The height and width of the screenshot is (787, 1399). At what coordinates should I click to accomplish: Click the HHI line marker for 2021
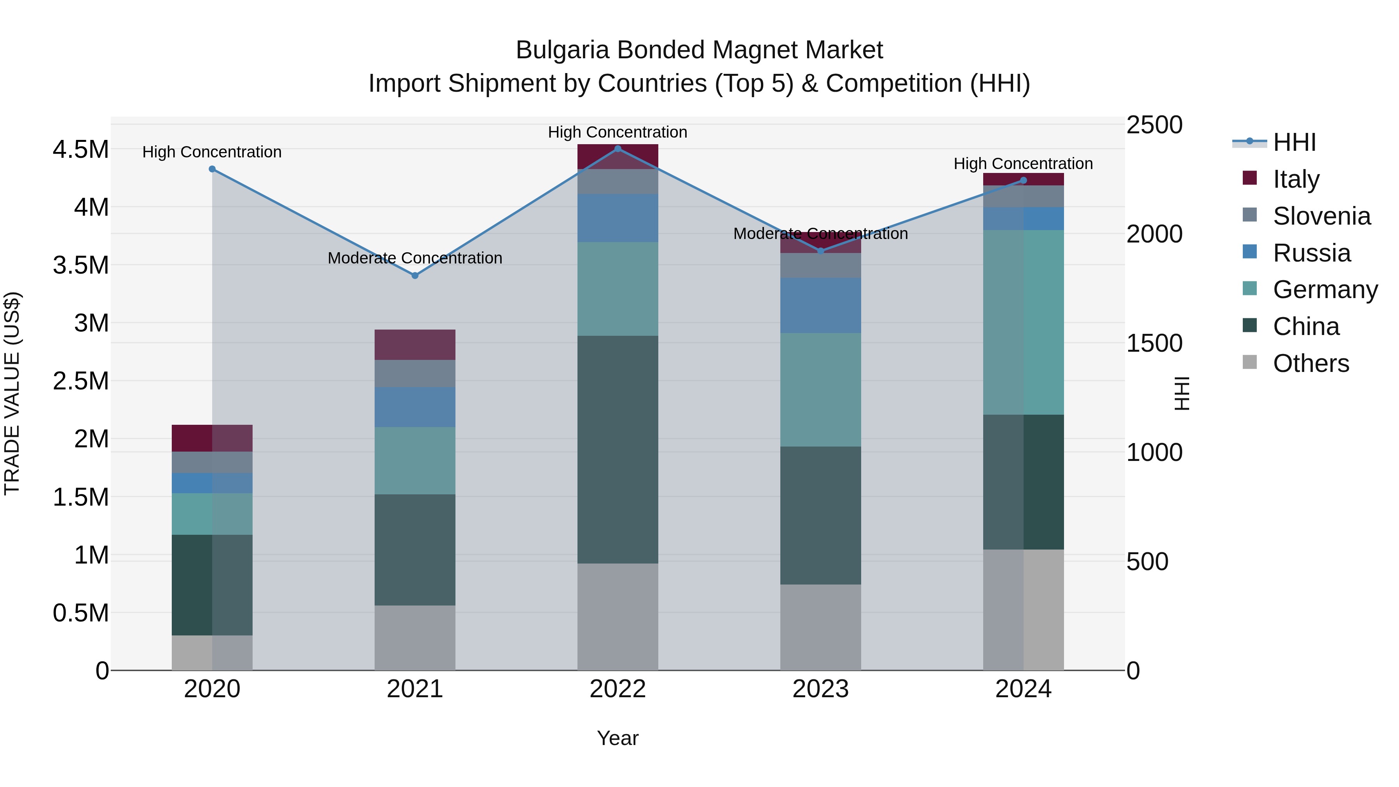pyautogui.click(x=415, y=276)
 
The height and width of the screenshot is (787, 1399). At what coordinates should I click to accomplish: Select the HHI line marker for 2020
pyautogui.click(x=212, y=169)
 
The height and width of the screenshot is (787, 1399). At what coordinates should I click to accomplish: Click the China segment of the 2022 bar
pyautogui.click(x=618, y=449)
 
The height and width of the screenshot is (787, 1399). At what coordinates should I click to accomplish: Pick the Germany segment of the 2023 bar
pyautogui.click(x=821, y=389)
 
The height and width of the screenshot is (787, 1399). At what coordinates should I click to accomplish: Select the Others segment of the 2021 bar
pyautogui.click(x=415, y=638)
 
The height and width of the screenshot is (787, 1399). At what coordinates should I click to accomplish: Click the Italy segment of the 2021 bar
pyautogui.click(x=415, y=344)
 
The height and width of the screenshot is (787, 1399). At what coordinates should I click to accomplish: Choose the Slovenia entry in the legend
pyautogui.click(x=1321, y=216)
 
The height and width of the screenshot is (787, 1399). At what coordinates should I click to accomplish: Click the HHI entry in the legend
pyautogui.click(x=1294, y=142)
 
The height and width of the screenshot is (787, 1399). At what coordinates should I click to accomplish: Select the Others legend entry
pyautogui.click(x=1310, y=363)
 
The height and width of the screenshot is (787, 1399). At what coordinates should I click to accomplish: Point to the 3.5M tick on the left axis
pyautogui.click(x=80, y=265)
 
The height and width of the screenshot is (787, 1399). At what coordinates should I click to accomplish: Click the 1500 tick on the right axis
pyautogui.click(x=1154, y=343)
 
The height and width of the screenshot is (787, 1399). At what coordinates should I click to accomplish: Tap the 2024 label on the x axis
pyautogui.click(x=1023, y=689)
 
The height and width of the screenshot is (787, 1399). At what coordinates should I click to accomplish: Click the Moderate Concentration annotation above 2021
pyautogui.click(x=415, y=258)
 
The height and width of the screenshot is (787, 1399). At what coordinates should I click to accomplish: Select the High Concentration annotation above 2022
pyautogui.click(x=618, y=132)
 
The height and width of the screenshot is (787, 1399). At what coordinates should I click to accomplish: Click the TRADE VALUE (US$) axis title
pyautogui.click(x=12, y=393)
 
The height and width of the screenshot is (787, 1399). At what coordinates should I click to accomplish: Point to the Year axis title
pyautogui.click(x=618, y=738)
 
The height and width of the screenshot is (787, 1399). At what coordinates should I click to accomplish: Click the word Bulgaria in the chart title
pyautogui.click(x=562, y=50)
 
